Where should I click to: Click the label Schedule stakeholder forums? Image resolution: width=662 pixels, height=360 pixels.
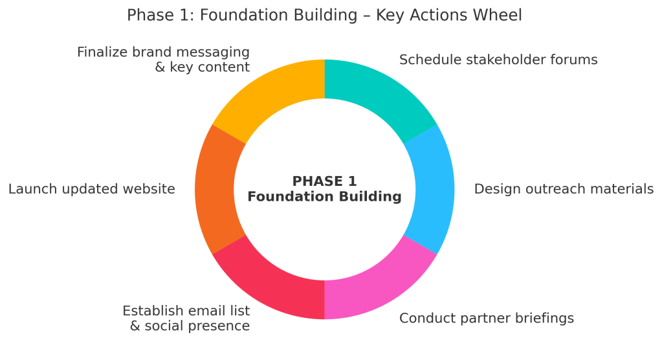pos(498,60)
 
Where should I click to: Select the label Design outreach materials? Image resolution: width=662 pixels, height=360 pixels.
pos(564,189)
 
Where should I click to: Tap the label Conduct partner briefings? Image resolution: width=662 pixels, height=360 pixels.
pos(487,318)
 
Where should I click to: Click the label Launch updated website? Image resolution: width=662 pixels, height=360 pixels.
pos(91,189)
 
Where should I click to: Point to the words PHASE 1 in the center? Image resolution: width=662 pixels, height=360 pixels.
pos(324,181)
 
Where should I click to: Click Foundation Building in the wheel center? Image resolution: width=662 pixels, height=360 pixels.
pos(324,197)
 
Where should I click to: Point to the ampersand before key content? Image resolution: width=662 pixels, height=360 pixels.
pos(160,67)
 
